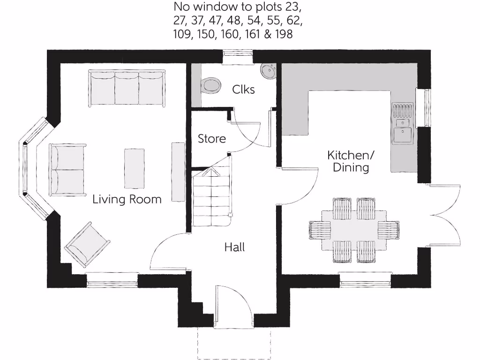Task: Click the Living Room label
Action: point(127,199)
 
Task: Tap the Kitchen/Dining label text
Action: point(351,161)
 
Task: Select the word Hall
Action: point(235,247)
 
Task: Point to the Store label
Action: point(211,139)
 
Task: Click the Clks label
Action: point(244,89)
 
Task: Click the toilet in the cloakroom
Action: point(210,85)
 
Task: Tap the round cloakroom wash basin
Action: point(269,71)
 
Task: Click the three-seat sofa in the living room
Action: point(127,88)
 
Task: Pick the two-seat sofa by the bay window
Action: point(68,169)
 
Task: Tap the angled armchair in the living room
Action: point(88,245)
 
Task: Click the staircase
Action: point(212,197)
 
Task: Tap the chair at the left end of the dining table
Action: point(320,230)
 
